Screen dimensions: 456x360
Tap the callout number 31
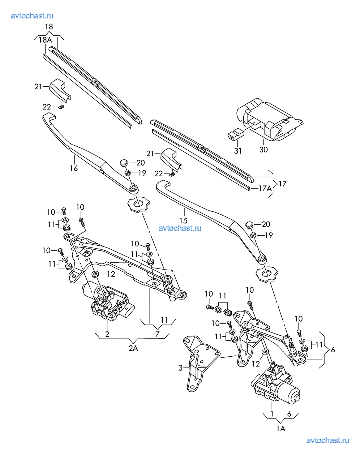(x=237, y=151)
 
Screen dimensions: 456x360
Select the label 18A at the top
(x=46, y=40)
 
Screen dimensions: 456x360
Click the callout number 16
(x=74, y=168)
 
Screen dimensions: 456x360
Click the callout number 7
(x=157, y=334)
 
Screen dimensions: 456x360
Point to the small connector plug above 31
(x=235, y=134)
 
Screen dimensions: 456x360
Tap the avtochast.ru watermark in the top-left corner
(x=33, y=16)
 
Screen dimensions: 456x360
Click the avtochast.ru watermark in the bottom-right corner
(x=327, y=440)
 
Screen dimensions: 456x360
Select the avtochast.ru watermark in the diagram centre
(x=180, y=228)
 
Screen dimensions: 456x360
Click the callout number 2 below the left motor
(x=107, y=334)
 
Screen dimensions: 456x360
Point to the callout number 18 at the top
(x=49, y=27)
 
